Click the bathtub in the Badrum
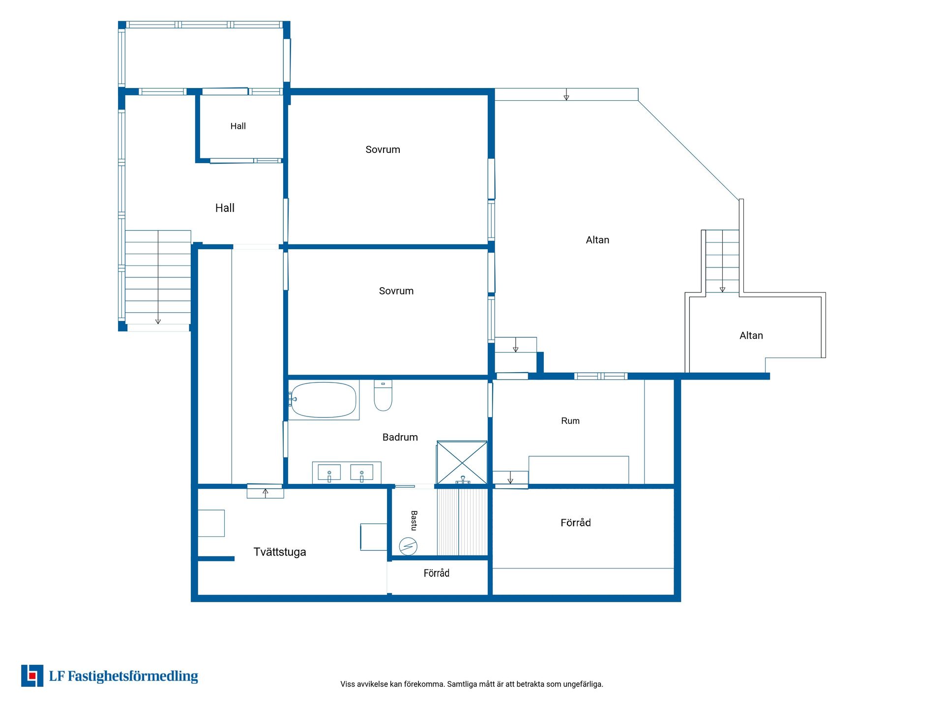323,400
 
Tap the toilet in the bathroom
383,395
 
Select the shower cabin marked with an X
462,462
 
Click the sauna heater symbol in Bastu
408,546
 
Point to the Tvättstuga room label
280,552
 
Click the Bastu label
414,521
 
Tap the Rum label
570,421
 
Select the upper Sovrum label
383,149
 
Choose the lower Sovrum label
396,291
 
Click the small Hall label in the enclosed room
238,126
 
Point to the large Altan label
597,240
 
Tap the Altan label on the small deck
751,335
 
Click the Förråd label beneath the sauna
437,573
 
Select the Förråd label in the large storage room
576,523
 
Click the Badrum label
400,437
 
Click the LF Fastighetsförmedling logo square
32,676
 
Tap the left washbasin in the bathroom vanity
329,472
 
